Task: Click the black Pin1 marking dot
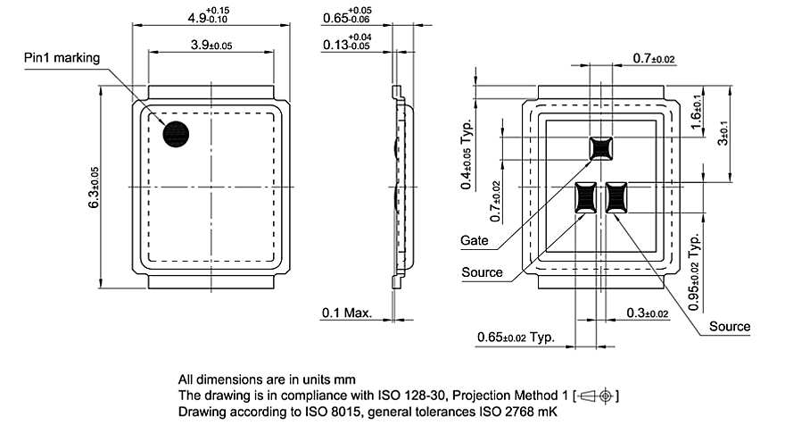[x=176, y=133]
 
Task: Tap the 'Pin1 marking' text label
[x=62, y=58]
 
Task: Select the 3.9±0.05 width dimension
[x=211, y=44]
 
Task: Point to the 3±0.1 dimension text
[x=723, y=134]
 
